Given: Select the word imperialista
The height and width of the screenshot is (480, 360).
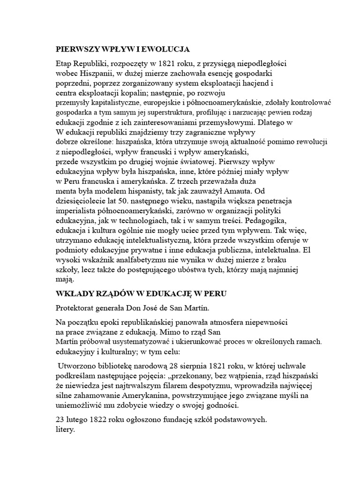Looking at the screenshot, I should pos(76,211).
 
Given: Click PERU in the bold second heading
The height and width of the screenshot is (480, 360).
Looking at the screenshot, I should pos(216,294).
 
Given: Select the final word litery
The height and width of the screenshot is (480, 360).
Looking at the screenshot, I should pos(65,429).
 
